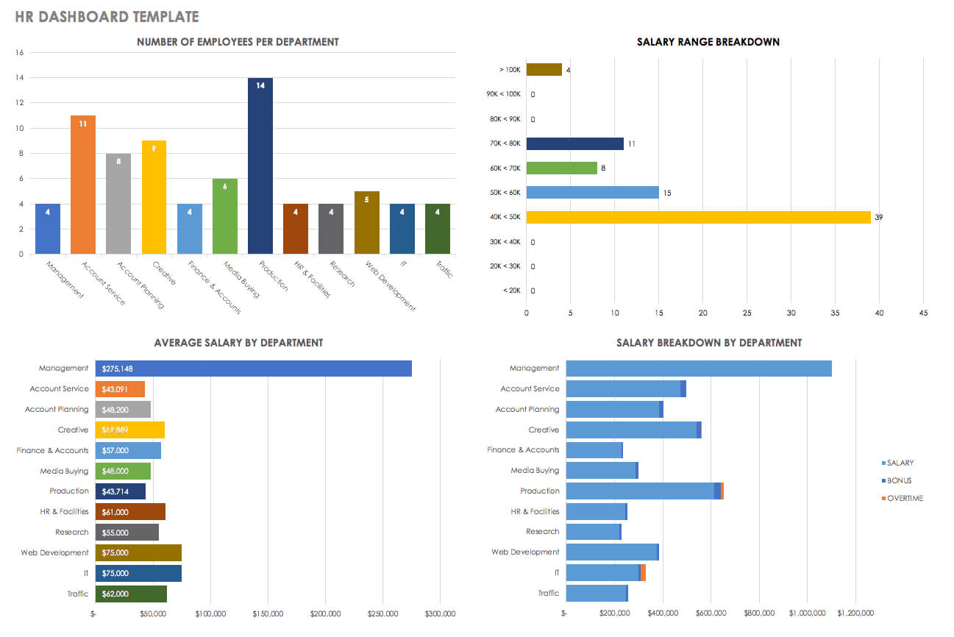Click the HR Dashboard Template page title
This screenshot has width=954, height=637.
click(x=107, y=16)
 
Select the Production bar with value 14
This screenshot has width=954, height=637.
click(x=260, y=166)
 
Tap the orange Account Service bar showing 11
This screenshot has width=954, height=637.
click(x=82, y=184)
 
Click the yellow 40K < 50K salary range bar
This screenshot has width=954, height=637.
click(x=698, y=217)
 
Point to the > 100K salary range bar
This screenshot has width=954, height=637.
click(x=544, y=70)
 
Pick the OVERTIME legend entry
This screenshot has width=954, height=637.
click(x=904, y=498)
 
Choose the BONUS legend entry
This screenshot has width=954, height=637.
click(x=899, y=480)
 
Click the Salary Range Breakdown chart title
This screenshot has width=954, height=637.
click(x=708, y=42)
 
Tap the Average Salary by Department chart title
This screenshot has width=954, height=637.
click(x=238, y=342)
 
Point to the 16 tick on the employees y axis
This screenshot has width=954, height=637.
click(x=20, y=53)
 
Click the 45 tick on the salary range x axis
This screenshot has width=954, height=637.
click(x=923, y=313)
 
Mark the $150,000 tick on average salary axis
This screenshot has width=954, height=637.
click(x=268, y=613)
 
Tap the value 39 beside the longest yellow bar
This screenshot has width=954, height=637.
click(x=878, y=218)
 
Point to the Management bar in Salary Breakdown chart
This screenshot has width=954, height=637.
click(x=698, y=369)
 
